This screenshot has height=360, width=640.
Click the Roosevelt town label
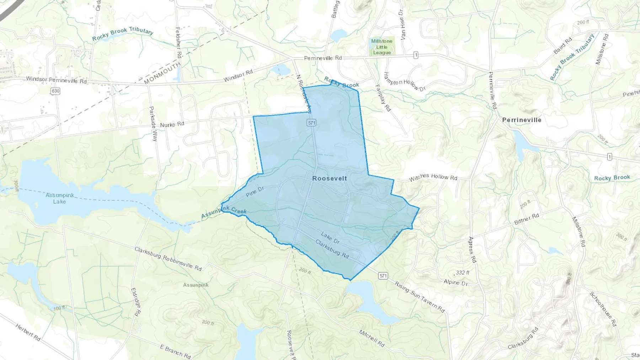329,178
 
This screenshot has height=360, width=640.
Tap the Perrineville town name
522,120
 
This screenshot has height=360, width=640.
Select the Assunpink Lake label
60,198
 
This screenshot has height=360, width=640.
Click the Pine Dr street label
255,192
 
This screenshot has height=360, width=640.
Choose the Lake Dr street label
330,238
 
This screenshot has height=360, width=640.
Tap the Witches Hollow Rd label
433,177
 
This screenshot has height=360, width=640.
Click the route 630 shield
55,91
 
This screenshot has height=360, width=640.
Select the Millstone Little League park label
382,47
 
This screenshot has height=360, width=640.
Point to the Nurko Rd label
172,124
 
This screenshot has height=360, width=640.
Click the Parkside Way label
153,124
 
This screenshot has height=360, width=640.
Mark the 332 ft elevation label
462,273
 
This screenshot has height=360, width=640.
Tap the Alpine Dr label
455,283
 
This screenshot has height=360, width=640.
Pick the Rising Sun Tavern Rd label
420,297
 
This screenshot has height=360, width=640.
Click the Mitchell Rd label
372,338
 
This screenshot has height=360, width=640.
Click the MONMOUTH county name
162,73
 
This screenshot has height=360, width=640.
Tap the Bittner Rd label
527,219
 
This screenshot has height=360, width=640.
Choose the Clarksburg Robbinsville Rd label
168,259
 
